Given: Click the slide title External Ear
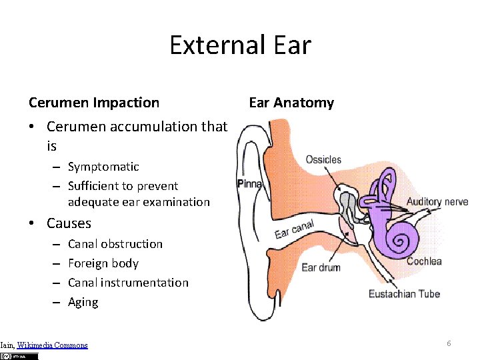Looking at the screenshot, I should click(x=240, y=45).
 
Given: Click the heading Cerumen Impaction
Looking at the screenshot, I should click(x=94, y=103).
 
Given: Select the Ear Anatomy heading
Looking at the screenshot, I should click(x=291, y=103).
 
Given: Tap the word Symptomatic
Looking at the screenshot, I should click(x=103, y=167).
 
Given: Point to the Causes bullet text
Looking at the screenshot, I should click(x=69, y=223).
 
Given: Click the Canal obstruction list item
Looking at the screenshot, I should click(x=115, y=244).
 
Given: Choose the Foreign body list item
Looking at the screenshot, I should click(x=103, y=263).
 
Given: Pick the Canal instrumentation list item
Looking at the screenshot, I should click(x=128, y=283).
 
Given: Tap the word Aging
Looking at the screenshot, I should click(x=83, y=302).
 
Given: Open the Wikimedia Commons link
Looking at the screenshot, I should click(x=52, y=345).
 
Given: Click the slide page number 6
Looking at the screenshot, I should click(x=449, y=343).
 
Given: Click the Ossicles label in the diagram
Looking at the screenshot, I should click(x=323, y=160).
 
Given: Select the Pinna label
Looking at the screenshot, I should click(x=250, y=183).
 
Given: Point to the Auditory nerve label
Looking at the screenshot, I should click(x=437, y=201).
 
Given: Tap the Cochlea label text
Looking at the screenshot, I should click(x=424, y=261).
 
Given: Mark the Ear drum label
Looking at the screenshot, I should click(x=321, y=267).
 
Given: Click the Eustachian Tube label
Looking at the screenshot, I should click(x=404, y=293).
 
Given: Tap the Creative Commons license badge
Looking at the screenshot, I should click(x=21, y=356).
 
